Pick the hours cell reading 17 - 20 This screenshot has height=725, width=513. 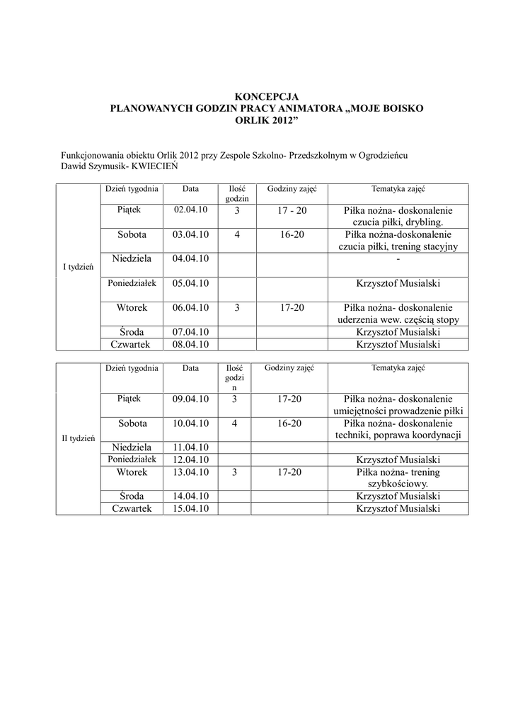(x=292, y=211)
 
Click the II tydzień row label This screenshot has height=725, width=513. (x=78, y=438)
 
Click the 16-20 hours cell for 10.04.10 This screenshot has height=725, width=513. (x=291, y=423)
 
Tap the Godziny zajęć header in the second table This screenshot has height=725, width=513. (x=291, y=368)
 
